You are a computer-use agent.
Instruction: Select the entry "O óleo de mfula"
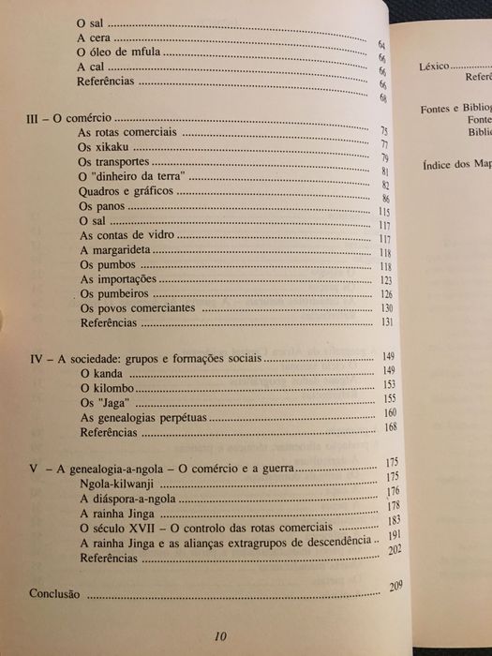click(x=121, y=53)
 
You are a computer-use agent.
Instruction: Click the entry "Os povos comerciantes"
click(x=137, y=308)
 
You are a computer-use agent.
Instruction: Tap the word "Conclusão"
click(x=54, y=593)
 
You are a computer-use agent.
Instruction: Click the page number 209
click(x=396, y=588)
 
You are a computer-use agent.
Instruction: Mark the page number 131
click(x=384, y=324)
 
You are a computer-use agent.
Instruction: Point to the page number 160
click(x=391, y=413)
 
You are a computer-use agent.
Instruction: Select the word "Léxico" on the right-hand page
click(x=434, y=67)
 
